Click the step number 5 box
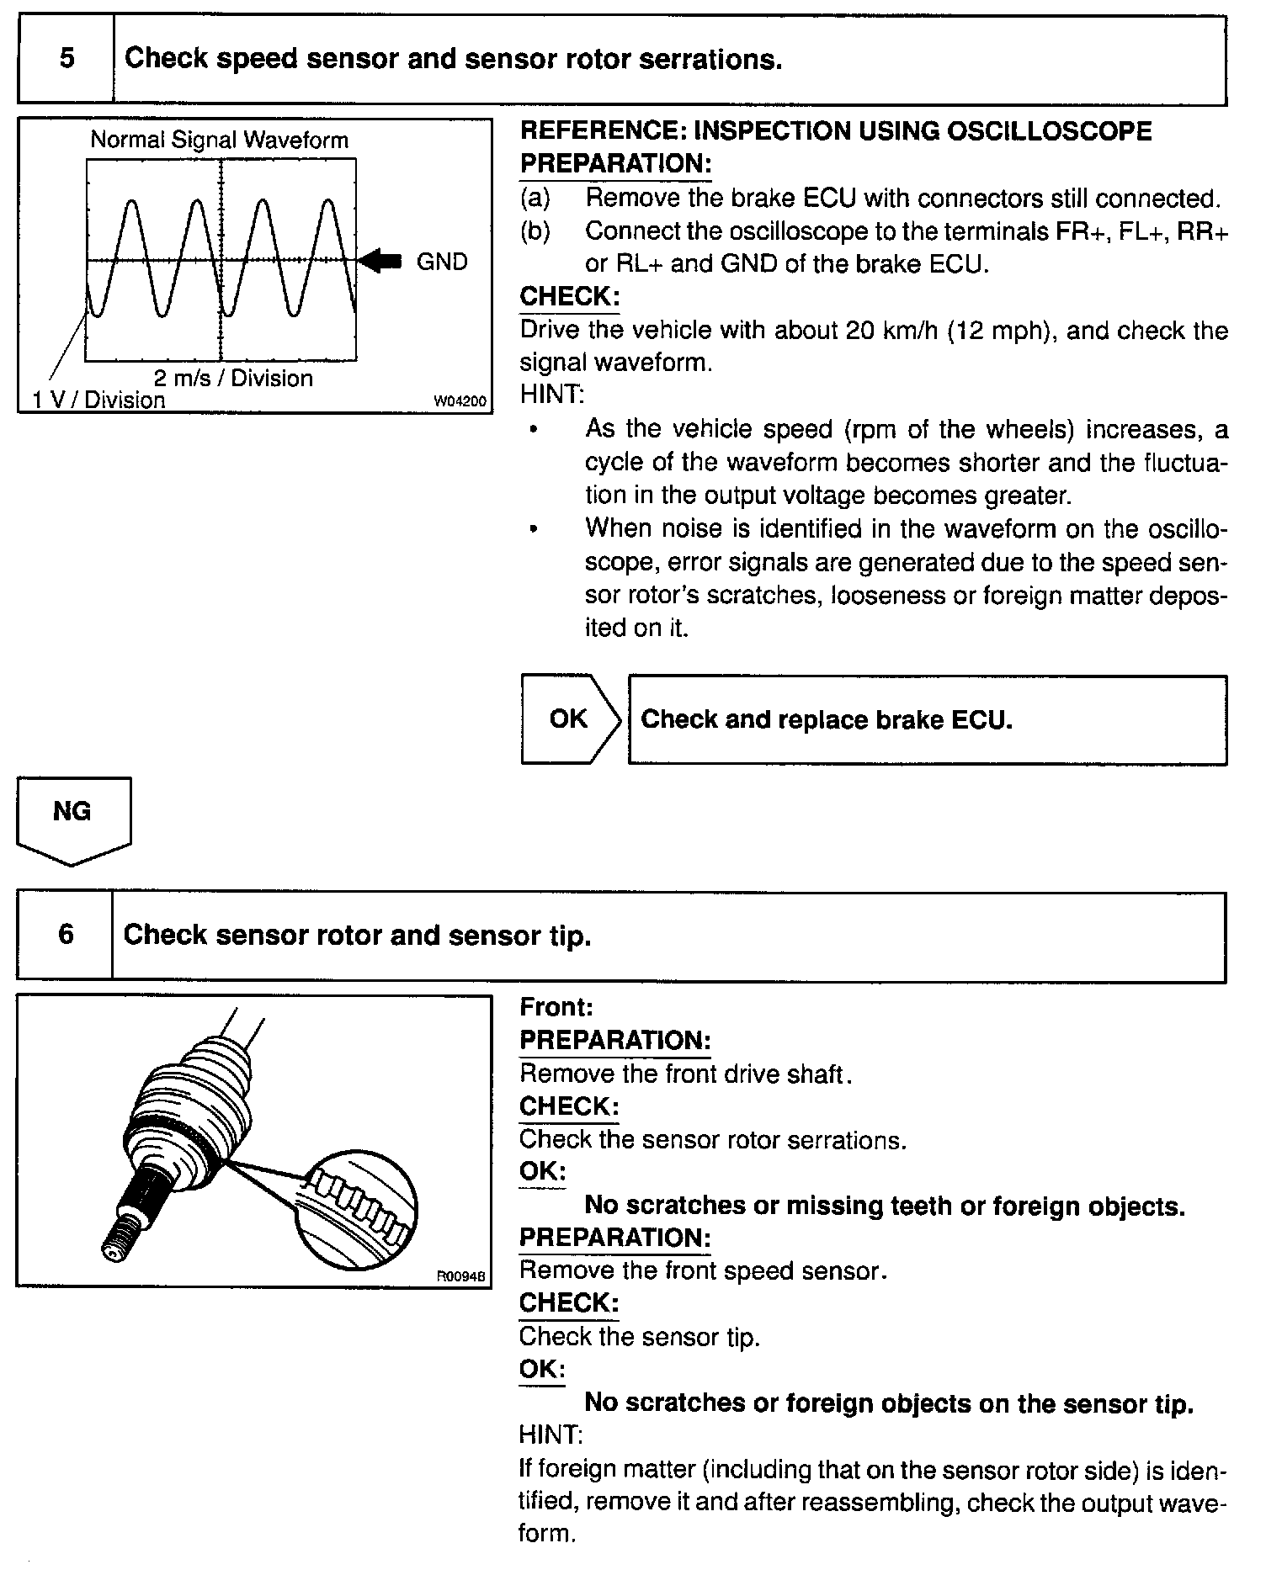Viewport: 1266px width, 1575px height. [66, 59]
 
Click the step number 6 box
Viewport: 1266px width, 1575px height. [65, 936]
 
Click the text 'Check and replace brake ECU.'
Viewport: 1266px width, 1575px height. [826, 720]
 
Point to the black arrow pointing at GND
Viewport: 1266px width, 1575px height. [380, 261]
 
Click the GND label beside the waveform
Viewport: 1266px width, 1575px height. [442, 262]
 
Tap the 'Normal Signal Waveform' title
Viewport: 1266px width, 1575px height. [219, 140]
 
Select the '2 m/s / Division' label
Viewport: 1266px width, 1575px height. [232, 379]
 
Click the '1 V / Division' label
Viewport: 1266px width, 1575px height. [98, 400]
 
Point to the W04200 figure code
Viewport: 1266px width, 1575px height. [460, 402]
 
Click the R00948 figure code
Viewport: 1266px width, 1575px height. [460, 1276]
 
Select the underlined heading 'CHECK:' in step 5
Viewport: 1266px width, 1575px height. [569, 297]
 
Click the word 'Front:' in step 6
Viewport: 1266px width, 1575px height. [556, 1007]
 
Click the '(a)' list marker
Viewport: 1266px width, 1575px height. [535, 199]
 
